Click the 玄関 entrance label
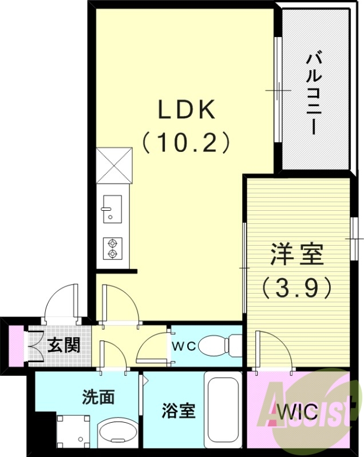[64, 345]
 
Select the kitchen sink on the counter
[112, 209]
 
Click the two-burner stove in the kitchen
[112, 247]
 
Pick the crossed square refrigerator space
[114, 166]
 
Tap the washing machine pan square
[73, 431]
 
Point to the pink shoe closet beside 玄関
[17, 346]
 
